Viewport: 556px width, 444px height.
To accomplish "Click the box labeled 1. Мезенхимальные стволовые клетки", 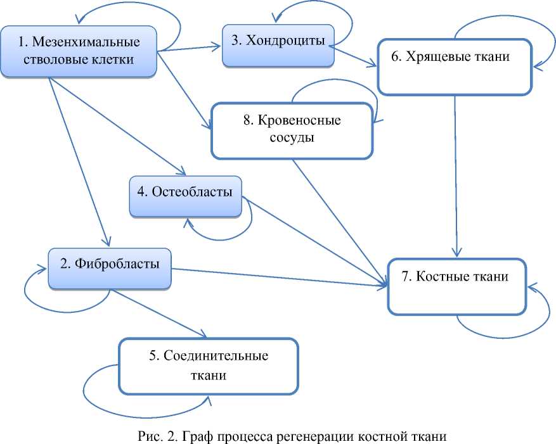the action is pos(79,51).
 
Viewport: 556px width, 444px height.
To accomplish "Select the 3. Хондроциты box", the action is pos(278,46).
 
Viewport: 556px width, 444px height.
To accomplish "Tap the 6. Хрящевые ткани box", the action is pos(455,67).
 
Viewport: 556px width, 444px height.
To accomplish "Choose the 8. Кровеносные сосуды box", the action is pos(292,130).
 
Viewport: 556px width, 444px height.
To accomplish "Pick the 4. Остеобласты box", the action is pos(186,196).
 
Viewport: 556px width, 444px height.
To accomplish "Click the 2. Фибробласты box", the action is pos(110,269).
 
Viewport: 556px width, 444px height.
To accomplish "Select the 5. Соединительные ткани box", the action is pos(209,366).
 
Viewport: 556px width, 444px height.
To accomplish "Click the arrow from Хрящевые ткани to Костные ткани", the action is pos(456,175).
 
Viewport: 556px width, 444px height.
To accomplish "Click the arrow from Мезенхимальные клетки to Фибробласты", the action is pos(79,162).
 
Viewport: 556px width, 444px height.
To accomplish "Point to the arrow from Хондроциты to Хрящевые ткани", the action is pos(355,58).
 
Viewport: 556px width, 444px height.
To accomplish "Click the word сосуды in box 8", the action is pos(292,137).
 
